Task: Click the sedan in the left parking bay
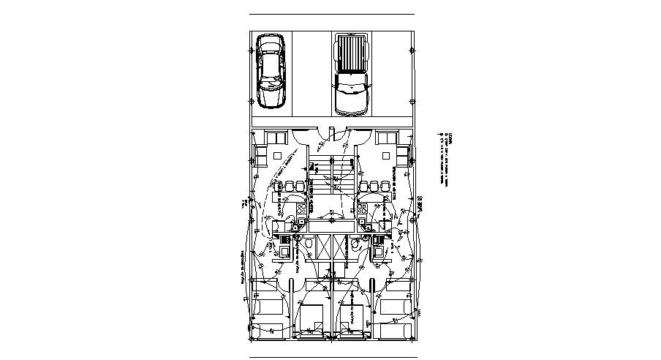(x=271, y=72)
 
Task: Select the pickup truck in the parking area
(x=351, y=75)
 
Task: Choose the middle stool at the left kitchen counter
(x=289, y=185)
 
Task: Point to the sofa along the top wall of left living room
(x=276, y=138)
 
